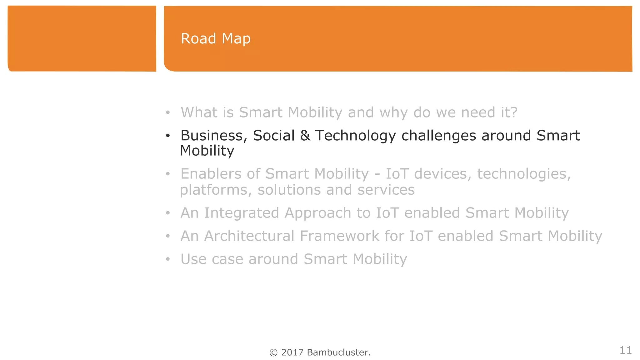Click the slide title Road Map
point(216,39)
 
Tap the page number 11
point(625,350)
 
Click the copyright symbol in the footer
point(273,353)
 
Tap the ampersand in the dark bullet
point(305,136)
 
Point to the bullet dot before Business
point(168,136)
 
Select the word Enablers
point(211,174)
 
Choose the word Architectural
point(249,236)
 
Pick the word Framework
point(339,236)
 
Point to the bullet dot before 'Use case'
point(168,259)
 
